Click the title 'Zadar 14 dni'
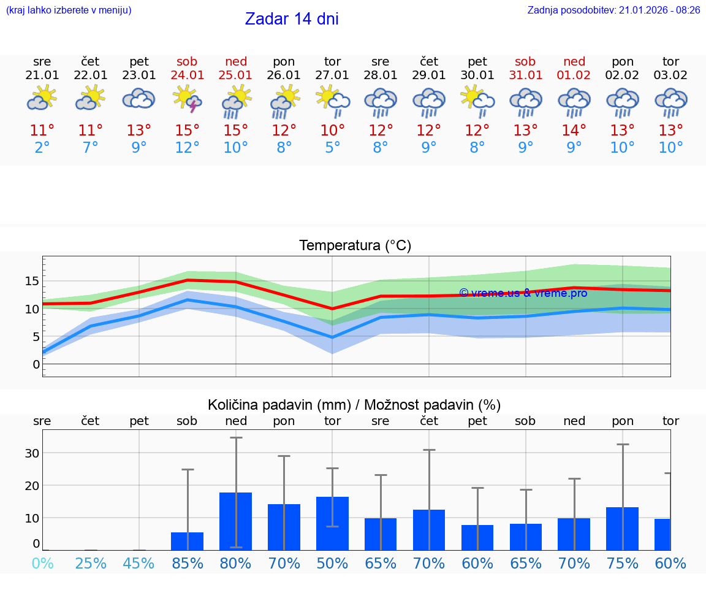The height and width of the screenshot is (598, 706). (292, 19)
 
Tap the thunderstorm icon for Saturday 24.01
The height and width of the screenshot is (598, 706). (188, 99)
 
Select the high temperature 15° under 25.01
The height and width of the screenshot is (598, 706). (236, 131)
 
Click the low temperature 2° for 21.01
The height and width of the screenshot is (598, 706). (42, 148)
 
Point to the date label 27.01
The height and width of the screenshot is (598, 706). (332, 75)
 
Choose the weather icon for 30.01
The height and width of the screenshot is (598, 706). (477, 99)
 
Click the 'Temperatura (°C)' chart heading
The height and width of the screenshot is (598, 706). (355, 246)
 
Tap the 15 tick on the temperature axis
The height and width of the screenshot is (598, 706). (32, 281)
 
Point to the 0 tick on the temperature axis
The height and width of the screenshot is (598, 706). (36, 364)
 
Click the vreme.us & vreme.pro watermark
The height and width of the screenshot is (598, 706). (523, 293)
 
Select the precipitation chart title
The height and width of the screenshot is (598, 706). (354, 405)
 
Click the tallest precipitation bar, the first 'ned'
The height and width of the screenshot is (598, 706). (236, 521)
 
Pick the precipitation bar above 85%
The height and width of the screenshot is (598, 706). (188, 541)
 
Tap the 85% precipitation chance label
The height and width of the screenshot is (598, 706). (188, 563)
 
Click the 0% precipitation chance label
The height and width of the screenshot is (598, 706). (42, 563)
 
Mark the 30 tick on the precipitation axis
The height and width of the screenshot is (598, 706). (32, 453)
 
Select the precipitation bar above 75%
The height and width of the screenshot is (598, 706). (622, 528)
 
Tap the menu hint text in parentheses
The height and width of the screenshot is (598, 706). (69, 10)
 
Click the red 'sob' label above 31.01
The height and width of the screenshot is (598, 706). (525, 61)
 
